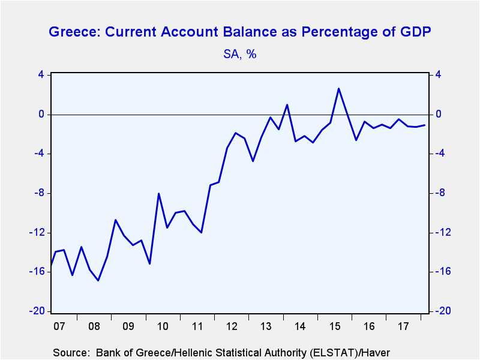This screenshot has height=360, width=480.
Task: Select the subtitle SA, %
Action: point(239,54)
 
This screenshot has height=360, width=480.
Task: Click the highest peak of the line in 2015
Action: point(338,88)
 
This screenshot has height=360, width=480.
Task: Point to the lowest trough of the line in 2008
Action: point(98,280)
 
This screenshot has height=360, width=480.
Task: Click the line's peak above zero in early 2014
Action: point(287,104)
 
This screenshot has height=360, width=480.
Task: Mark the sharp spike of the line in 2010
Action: point(158,193)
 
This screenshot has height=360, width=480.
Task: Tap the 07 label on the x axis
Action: point(59,326)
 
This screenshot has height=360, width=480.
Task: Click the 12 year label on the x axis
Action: point(232,326)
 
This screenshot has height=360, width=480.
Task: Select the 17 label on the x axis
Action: point(403,326)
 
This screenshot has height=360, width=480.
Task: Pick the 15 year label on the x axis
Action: point(335,326)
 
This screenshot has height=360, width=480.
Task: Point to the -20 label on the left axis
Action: point(37,311)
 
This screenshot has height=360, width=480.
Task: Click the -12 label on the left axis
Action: point(37,233)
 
